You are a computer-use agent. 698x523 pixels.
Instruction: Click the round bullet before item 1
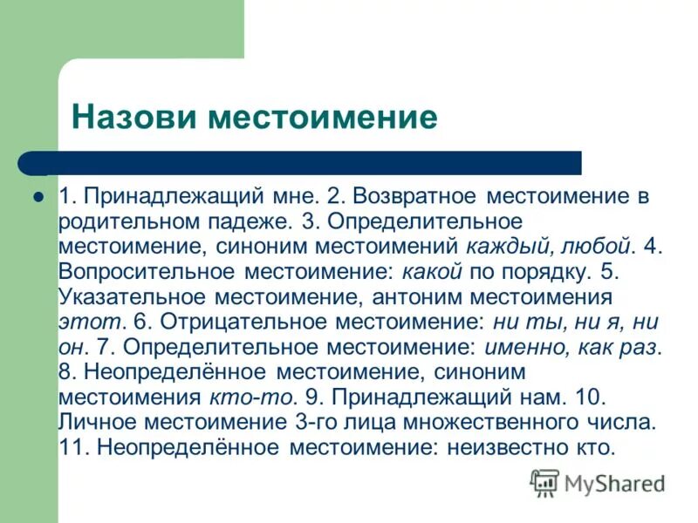38,196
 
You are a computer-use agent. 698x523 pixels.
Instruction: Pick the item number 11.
72,448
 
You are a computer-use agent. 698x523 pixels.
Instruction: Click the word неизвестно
505,448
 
